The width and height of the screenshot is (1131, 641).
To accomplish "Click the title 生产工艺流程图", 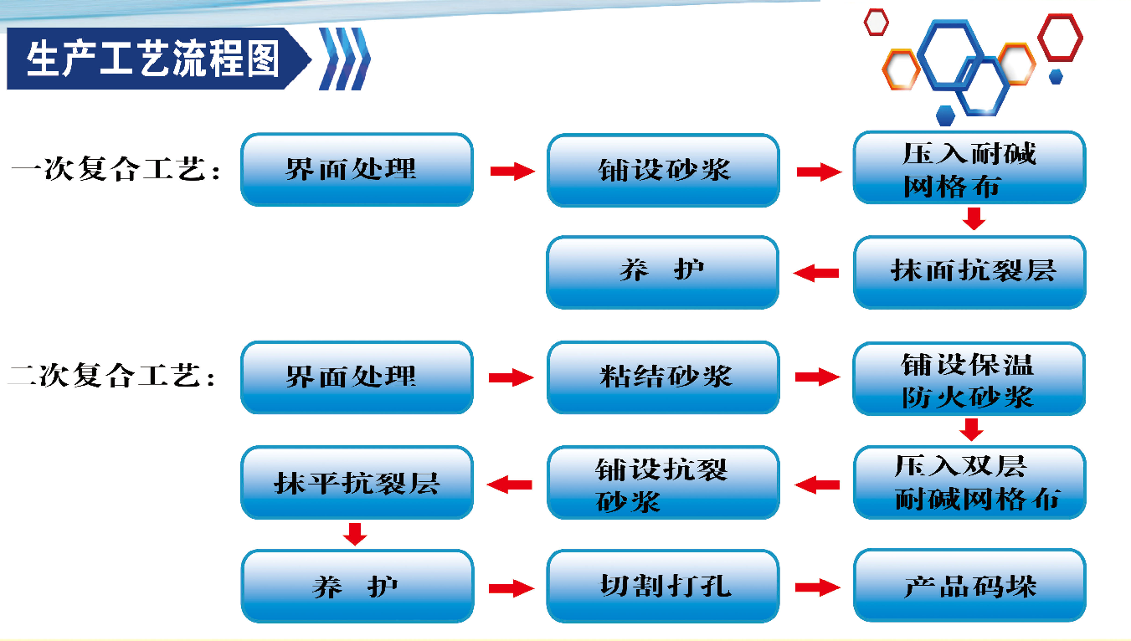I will coord(153,59).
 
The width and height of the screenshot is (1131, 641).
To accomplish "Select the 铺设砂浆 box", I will coord(663,171).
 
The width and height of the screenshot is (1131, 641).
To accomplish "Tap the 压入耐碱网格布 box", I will coord(969,168).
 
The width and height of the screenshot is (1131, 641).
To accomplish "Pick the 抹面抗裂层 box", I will coord(969,272).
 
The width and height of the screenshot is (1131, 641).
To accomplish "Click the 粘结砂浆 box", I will coord(663,377).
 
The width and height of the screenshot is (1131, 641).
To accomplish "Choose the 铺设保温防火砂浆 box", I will coord(969,379).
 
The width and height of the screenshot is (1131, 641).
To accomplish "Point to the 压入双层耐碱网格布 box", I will coord(969,483).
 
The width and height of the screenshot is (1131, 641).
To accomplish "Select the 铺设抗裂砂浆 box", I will coord(663,483).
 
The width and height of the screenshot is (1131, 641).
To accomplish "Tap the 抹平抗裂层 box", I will coord(357,483).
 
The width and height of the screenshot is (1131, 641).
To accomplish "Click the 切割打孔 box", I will coord(663,587).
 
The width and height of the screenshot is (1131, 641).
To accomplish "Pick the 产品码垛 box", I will coord(969,587).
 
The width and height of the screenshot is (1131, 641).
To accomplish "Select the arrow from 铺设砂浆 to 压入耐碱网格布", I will coord(817,172).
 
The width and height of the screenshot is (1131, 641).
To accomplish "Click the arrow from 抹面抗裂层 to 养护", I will coord(816,273).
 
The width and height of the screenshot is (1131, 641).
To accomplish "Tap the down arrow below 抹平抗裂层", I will coord(356,534).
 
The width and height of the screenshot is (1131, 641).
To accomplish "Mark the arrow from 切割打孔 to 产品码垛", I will coord(817,587).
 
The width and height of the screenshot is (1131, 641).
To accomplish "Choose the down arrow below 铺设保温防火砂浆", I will coord(971,430).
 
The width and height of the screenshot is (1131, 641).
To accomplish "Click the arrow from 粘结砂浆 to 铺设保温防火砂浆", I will coord(817,378).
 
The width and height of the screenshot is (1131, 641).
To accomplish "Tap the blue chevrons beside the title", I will coord(344,59).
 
